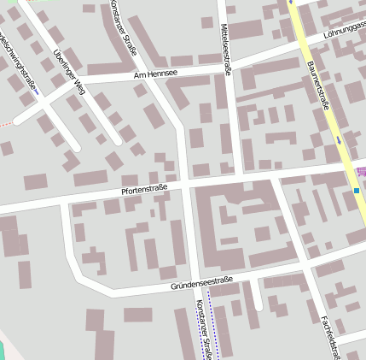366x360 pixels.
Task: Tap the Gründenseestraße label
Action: [x=201, y=282]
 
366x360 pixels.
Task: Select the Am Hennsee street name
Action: [x=156, y=75]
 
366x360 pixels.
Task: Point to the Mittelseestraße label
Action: [x=225, y=50]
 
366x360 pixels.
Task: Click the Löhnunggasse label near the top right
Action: [x=345, y=32]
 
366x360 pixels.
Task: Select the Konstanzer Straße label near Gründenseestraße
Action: [x=202, y=329]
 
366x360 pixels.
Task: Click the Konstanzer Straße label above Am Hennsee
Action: [x=124, y=27]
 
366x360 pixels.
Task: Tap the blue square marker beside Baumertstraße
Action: [x=356, y=191]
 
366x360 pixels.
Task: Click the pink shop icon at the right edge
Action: [x=362, y=174]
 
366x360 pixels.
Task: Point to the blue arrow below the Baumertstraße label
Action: [x=339, y=139]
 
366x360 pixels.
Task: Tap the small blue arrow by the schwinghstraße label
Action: [x=38, y=92]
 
